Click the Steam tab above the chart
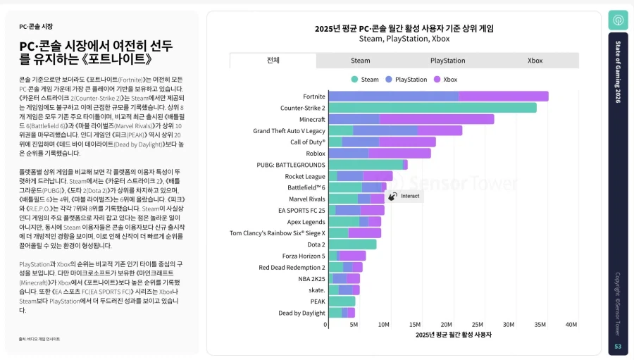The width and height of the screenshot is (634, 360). (x=361, y=61)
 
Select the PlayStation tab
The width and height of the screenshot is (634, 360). (x=448, y=61)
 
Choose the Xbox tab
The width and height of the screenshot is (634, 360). (x=535, y=61)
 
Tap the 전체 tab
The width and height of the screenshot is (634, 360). (x=273, y=61)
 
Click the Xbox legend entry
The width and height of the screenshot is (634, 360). (x=446, y=80)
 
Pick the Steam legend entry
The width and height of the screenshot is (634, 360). (x=366, y=80)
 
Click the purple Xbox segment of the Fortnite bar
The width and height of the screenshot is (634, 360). (x=503, y=97)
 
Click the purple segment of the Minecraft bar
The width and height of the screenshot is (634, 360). (x=437, y=119)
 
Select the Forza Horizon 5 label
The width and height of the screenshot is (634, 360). (x=304, y=256)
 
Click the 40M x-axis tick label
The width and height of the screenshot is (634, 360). (x=571, y=325)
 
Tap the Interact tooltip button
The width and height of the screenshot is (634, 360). (x=405, y=197)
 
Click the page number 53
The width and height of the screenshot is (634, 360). (x=618, y=347)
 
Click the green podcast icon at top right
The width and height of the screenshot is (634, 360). (x=618, y=20)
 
